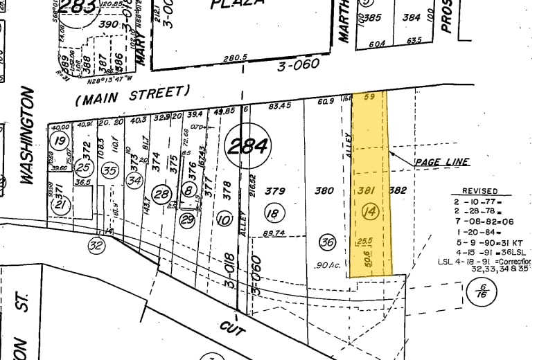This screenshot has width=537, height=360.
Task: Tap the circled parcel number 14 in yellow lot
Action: [369, 213]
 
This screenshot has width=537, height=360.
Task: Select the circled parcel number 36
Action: [327, 242]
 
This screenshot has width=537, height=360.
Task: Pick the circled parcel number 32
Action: [96, 244]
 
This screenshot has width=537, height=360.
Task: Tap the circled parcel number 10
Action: [223, 220]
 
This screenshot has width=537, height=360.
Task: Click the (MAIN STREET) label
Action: [132, 96]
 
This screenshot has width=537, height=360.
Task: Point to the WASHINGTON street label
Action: [27, 135]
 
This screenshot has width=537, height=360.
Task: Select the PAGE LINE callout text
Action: [442, 162]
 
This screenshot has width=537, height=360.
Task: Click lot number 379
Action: [276, 190]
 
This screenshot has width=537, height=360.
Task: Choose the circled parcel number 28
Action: [161, 195]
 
